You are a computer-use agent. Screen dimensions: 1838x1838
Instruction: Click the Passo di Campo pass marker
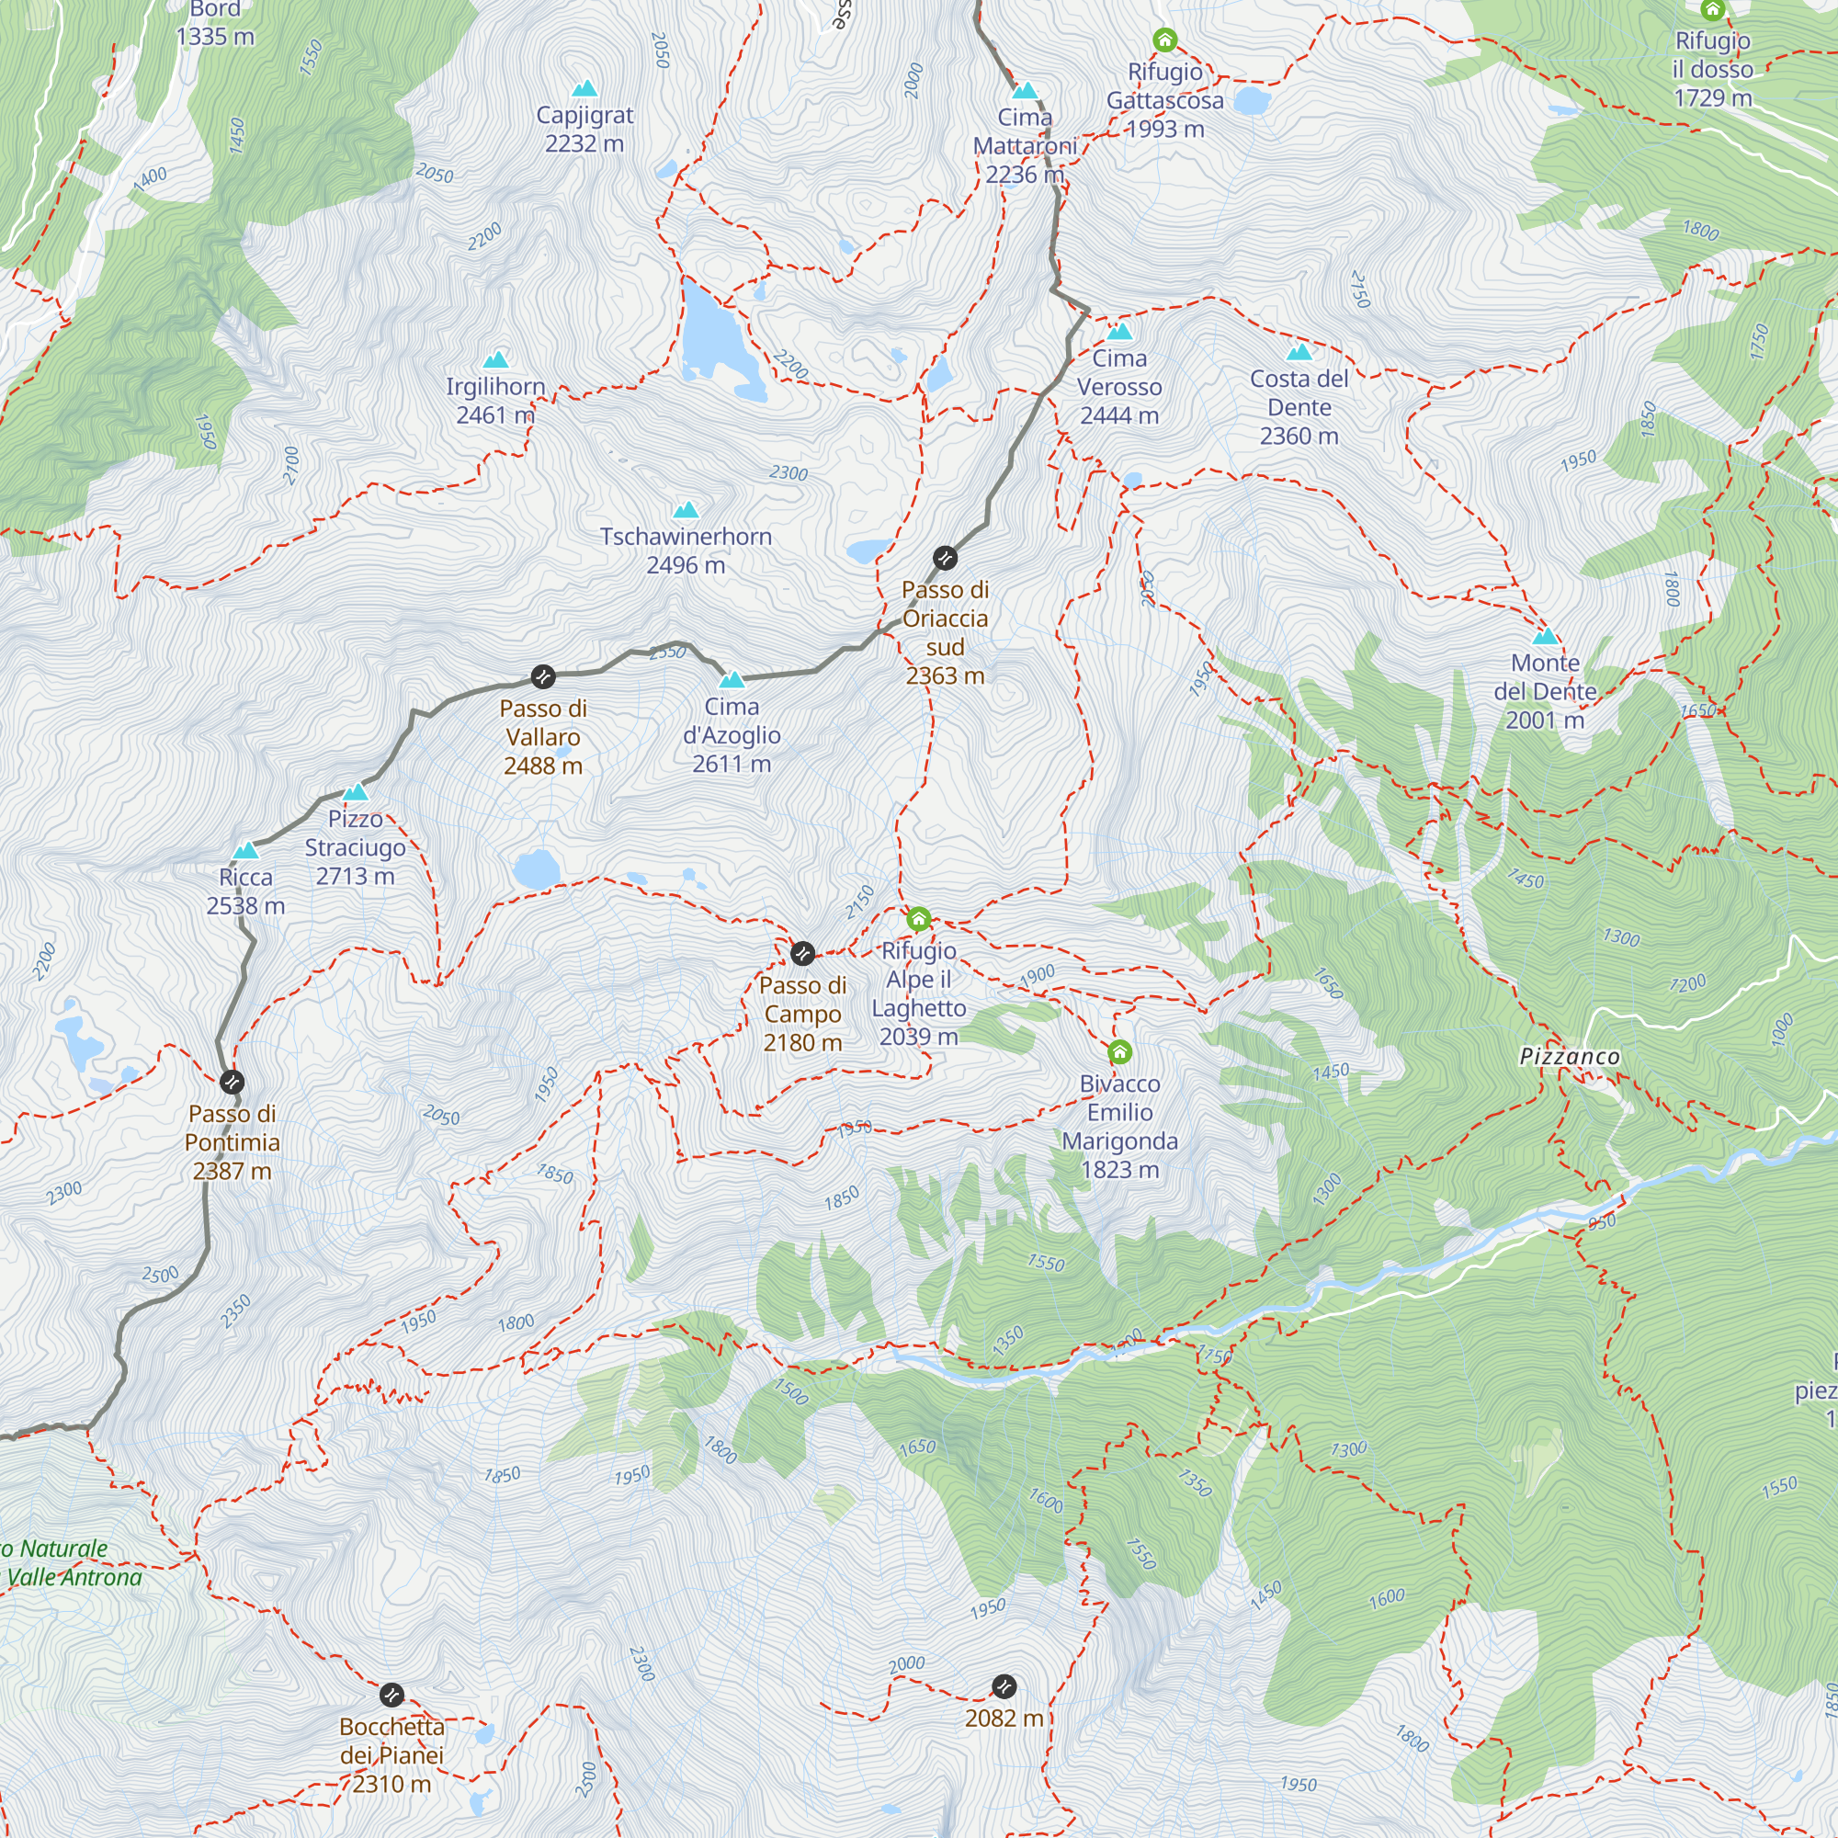pos(802,953)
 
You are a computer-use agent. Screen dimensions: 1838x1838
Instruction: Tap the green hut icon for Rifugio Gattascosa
pos(1164,40)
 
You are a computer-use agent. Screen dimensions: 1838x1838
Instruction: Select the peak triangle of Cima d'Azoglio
pos(732,679)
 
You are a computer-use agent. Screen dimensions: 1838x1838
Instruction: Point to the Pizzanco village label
pos(1569,1056)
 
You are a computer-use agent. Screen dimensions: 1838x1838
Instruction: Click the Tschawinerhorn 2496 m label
pos(685,550)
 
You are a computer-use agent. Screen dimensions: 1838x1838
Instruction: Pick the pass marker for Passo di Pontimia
pos(232,1082)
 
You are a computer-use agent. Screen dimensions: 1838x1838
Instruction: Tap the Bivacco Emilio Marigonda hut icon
pos(1119,1051)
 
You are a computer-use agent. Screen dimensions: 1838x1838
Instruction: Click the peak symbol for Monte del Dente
pos(1545,636)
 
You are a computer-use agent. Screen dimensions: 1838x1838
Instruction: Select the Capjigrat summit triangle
pos(584,88)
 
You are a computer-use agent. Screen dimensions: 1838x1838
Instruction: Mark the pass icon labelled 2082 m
pos(1004,1686)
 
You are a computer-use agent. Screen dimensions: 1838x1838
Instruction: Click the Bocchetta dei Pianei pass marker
pos(391,1695)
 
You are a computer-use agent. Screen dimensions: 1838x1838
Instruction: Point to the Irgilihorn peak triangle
pos(495,359)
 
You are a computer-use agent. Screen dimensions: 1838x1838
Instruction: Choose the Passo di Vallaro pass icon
pos(542,677)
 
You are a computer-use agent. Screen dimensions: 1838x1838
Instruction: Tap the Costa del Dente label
pos(1299,407)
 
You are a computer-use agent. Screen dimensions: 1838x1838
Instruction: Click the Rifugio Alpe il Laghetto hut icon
pos(918,919)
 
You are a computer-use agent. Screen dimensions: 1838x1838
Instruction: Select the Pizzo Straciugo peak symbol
pos(355,791)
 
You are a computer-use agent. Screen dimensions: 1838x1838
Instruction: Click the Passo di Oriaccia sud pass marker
pos(944,558)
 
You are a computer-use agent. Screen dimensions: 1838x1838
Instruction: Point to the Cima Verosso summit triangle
pos(1118,331)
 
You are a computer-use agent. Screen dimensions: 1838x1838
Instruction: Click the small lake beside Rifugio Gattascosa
pos(1252,99)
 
